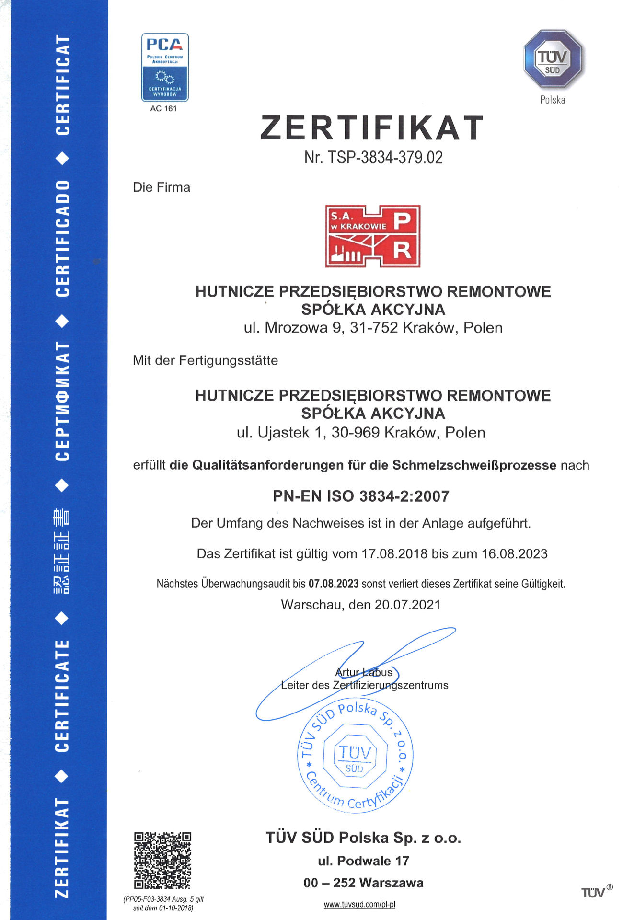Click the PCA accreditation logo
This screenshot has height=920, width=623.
tap(165, 67)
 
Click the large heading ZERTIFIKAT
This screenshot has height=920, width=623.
tap(372, 128)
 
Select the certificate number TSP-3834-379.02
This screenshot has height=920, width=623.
tap(385, 158)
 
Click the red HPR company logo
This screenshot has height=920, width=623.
tap(373, 236)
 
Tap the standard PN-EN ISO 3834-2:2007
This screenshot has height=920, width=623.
tap(361, 496)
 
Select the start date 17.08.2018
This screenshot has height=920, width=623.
tap(394, 554)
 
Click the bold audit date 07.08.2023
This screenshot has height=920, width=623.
tap(334, 584)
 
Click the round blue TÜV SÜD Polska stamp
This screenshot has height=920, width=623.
tap(355, 757)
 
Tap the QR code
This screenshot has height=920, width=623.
tap(162, 861)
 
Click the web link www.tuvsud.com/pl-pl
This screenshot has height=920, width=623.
tap(359, 905)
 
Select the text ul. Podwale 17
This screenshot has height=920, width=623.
tap(363, 861)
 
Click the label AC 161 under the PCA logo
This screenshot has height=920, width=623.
tap(163, 109)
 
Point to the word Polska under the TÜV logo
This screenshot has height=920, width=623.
tap(553, 100)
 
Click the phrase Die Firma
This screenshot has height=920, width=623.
tap(162, 187)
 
